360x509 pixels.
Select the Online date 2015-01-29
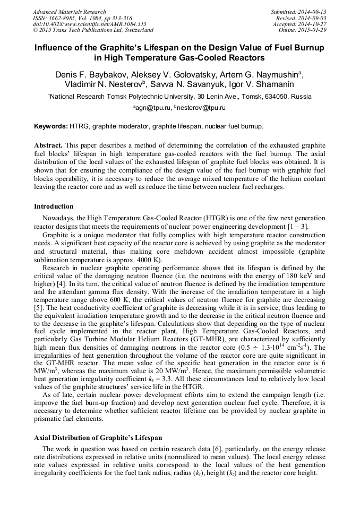coord(314,30)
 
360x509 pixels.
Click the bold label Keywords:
coord(51,127)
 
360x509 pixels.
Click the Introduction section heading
coord(54,206)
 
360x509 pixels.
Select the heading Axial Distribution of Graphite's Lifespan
coord(98,438)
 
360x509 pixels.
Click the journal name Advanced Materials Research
coord(69,12)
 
